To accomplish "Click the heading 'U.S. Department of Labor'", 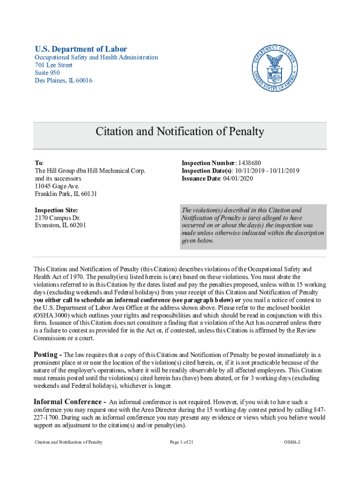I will click(x=81, y=49).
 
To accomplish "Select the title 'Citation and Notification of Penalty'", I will click(x=180, y=131).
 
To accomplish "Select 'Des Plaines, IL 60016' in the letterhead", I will click(x=64, y=80).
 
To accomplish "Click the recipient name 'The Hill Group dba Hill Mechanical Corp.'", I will click(x=90, y=171).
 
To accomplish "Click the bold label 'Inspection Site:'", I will click(x=56, y=210).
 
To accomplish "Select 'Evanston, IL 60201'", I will click(x=60, y=225).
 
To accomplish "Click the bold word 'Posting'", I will click(x=46, y=355).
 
